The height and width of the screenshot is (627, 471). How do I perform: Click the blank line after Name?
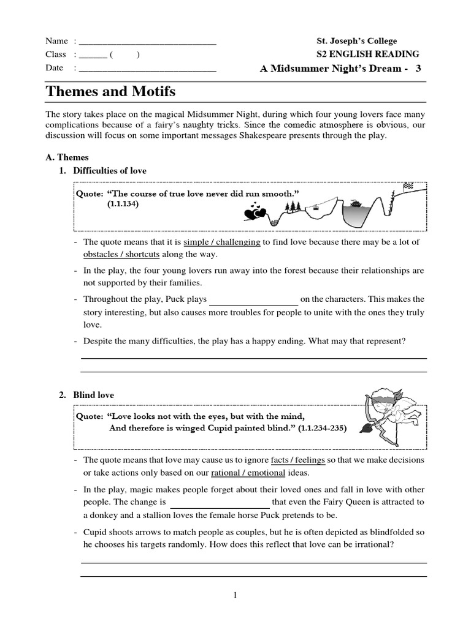[x=148, y=42]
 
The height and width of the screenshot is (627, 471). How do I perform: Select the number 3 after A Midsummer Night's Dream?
[x=418, y=69]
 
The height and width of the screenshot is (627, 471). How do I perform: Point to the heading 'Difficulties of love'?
[x=110, y=170]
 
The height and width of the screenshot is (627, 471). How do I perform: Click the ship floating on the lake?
[x=356, y=203]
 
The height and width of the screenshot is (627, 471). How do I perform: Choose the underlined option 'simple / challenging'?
[x=222, y=242]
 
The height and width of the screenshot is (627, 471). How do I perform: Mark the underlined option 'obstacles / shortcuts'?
[x=121, y=254]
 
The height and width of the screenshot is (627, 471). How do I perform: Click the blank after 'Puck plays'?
[x=254, y=300]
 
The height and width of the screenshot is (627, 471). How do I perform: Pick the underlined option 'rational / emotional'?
[x=248, y=473]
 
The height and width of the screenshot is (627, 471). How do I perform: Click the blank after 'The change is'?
[x=219, y=502]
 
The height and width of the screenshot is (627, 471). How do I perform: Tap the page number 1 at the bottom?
[x=235, y=596]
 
